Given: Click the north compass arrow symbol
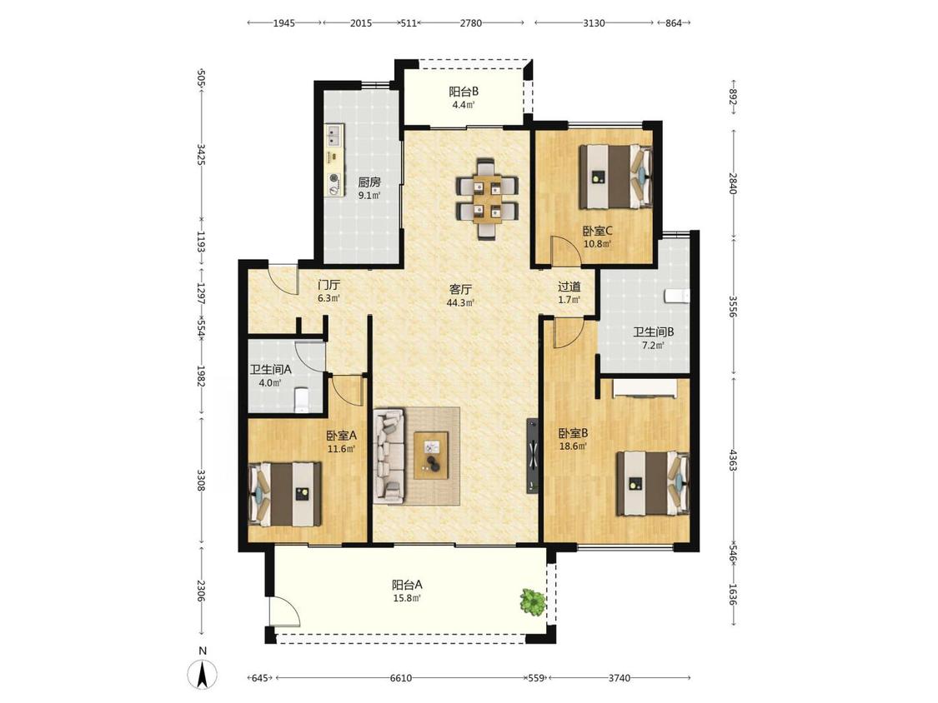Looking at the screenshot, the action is click(203, 675).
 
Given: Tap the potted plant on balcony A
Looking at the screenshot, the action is click(533, 601).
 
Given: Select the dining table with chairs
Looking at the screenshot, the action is click(487, 198).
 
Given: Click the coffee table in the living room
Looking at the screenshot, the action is click(432, 455).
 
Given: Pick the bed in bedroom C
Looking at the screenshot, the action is click(615, 177).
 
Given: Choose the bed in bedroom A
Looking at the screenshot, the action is click(285, 494).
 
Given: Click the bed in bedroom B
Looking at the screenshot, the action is click(653, 483).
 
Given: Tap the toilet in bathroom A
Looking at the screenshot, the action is click(302, 399).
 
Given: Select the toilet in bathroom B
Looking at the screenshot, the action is click(677, 296).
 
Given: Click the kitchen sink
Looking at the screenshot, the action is click(334, 135).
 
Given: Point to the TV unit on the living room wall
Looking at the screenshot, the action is click(533, 456).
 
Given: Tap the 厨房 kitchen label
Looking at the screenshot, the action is click(369, 182).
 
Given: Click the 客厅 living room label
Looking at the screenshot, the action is click(460, 289).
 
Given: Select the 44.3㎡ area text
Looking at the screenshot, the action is click(460, 302).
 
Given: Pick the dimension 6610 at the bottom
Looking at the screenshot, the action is click(401, 678).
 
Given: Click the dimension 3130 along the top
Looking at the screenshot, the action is click(594, 23).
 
